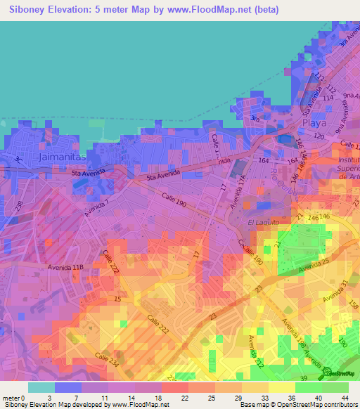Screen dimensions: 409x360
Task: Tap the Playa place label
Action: click(x=314, y=122)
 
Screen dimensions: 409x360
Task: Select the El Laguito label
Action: click(x=264, y=222)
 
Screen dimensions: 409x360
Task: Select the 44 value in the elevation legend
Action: click(x=344, y=397)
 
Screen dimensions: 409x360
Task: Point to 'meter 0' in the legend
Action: click(x=14, y=397)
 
